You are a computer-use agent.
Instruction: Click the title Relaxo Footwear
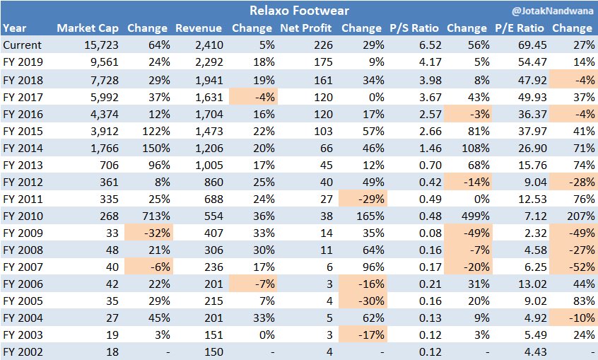point(299,11)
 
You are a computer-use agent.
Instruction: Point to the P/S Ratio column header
point(415,28)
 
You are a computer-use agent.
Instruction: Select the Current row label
point(23,45)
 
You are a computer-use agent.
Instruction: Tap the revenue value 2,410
point(208,45)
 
